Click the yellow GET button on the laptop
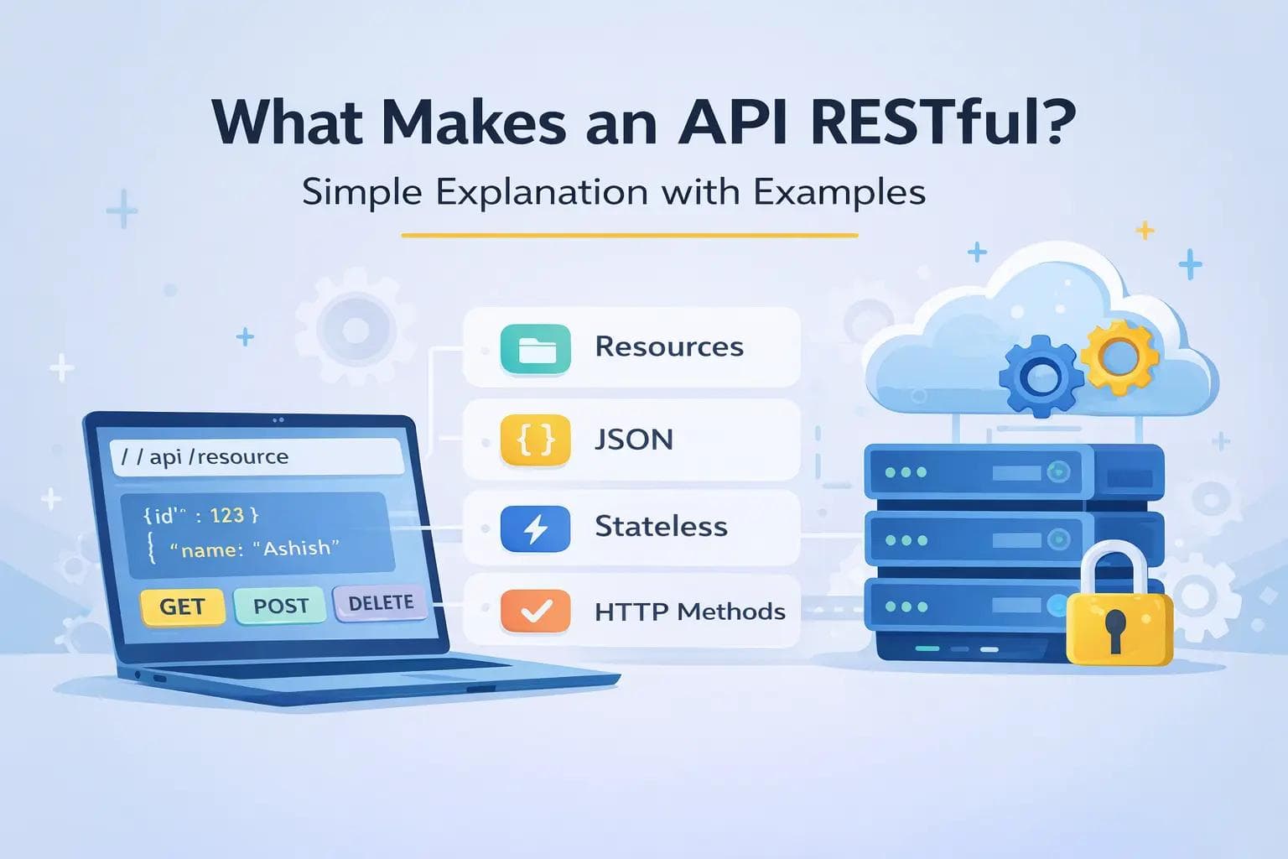point(182,606)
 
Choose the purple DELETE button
point(381,603)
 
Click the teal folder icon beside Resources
point(535,348)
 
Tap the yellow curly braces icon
point(535,440)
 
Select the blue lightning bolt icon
point(535,528)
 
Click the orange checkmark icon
point(535,612)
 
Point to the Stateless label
point(661,527)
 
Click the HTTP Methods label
point(689,612)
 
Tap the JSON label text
point(634,440)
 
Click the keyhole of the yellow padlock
point(1116,628)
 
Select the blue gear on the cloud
point(1041,376)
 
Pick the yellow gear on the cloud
point(1119,357)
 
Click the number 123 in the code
point(226,514)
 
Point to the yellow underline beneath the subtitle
point(629,236)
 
